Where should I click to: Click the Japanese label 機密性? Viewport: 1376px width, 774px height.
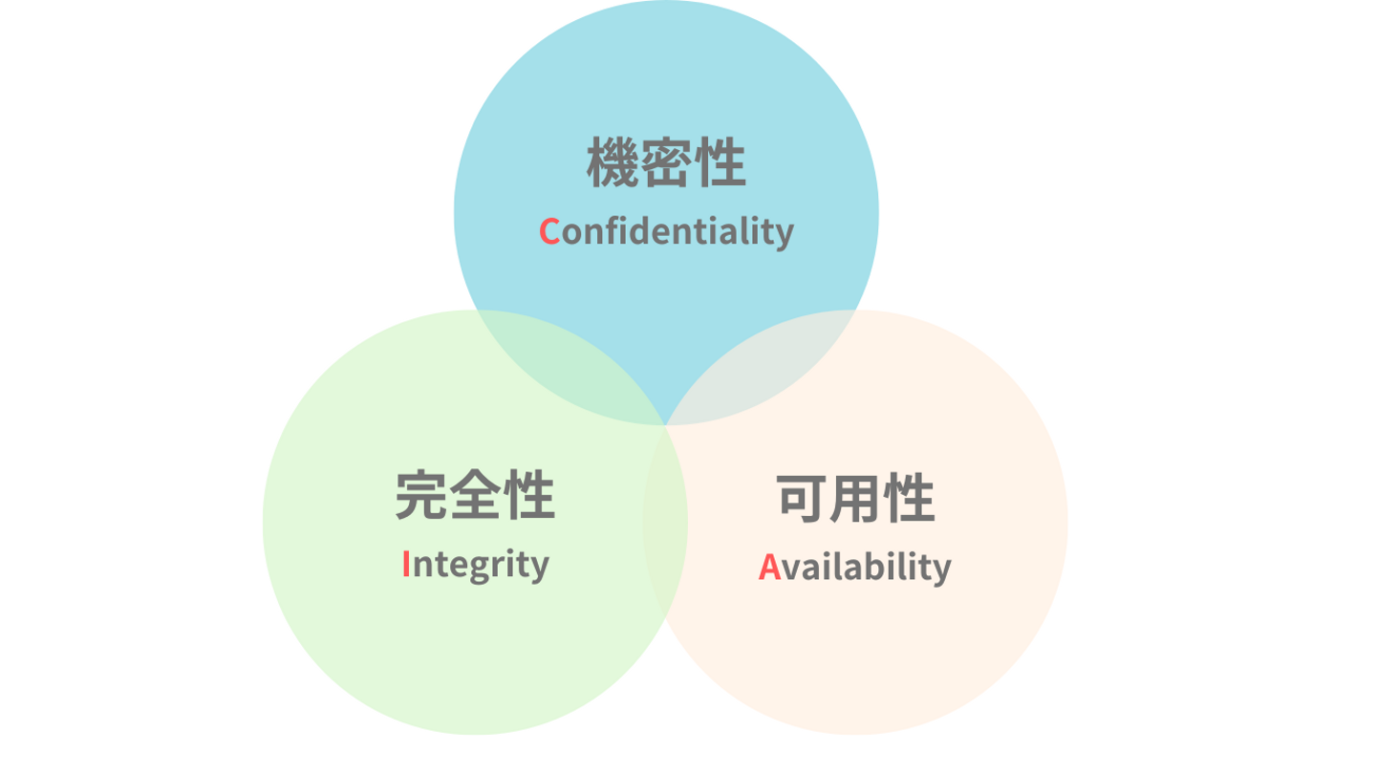[666, 163]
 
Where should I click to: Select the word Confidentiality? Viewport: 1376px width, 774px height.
[666, 231]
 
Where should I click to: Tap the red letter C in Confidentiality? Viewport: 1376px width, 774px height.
[549, 231]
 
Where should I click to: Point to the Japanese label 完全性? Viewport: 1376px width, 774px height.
[475, 496]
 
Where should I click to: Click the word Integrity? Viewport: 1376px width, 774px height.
[475, 565]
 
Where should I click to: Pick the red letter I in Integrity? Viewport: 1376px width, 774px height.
[406, 564]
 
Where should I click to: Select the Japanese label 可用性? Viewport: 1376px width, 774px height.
[855, 498]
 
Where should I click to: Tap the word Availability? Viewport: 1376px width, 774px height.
[855, 567]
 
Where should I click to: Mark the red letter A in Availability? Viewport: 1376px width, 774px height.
[769, 567]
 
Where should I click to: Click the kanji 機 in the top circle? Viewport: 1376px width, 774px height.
[613, 163]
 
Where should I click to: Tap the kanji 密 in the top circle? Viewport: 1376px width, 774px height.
[666, 163]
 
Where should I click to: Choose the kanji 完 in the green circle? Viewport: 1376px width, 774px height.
[421, 496]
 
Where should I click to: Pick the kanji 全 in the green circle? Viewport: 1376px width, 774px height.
[475, 496]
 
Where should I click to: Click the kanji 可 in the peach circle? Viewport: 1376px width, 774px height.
[802, 498]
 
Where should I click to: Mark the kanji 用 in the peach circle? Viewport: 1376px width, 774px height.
[855, 498]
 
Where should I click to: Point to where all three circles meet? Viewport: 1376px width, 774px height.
[666, 424]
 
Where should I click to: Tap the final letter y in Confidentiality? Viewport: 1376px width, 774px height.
[785, 234]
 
